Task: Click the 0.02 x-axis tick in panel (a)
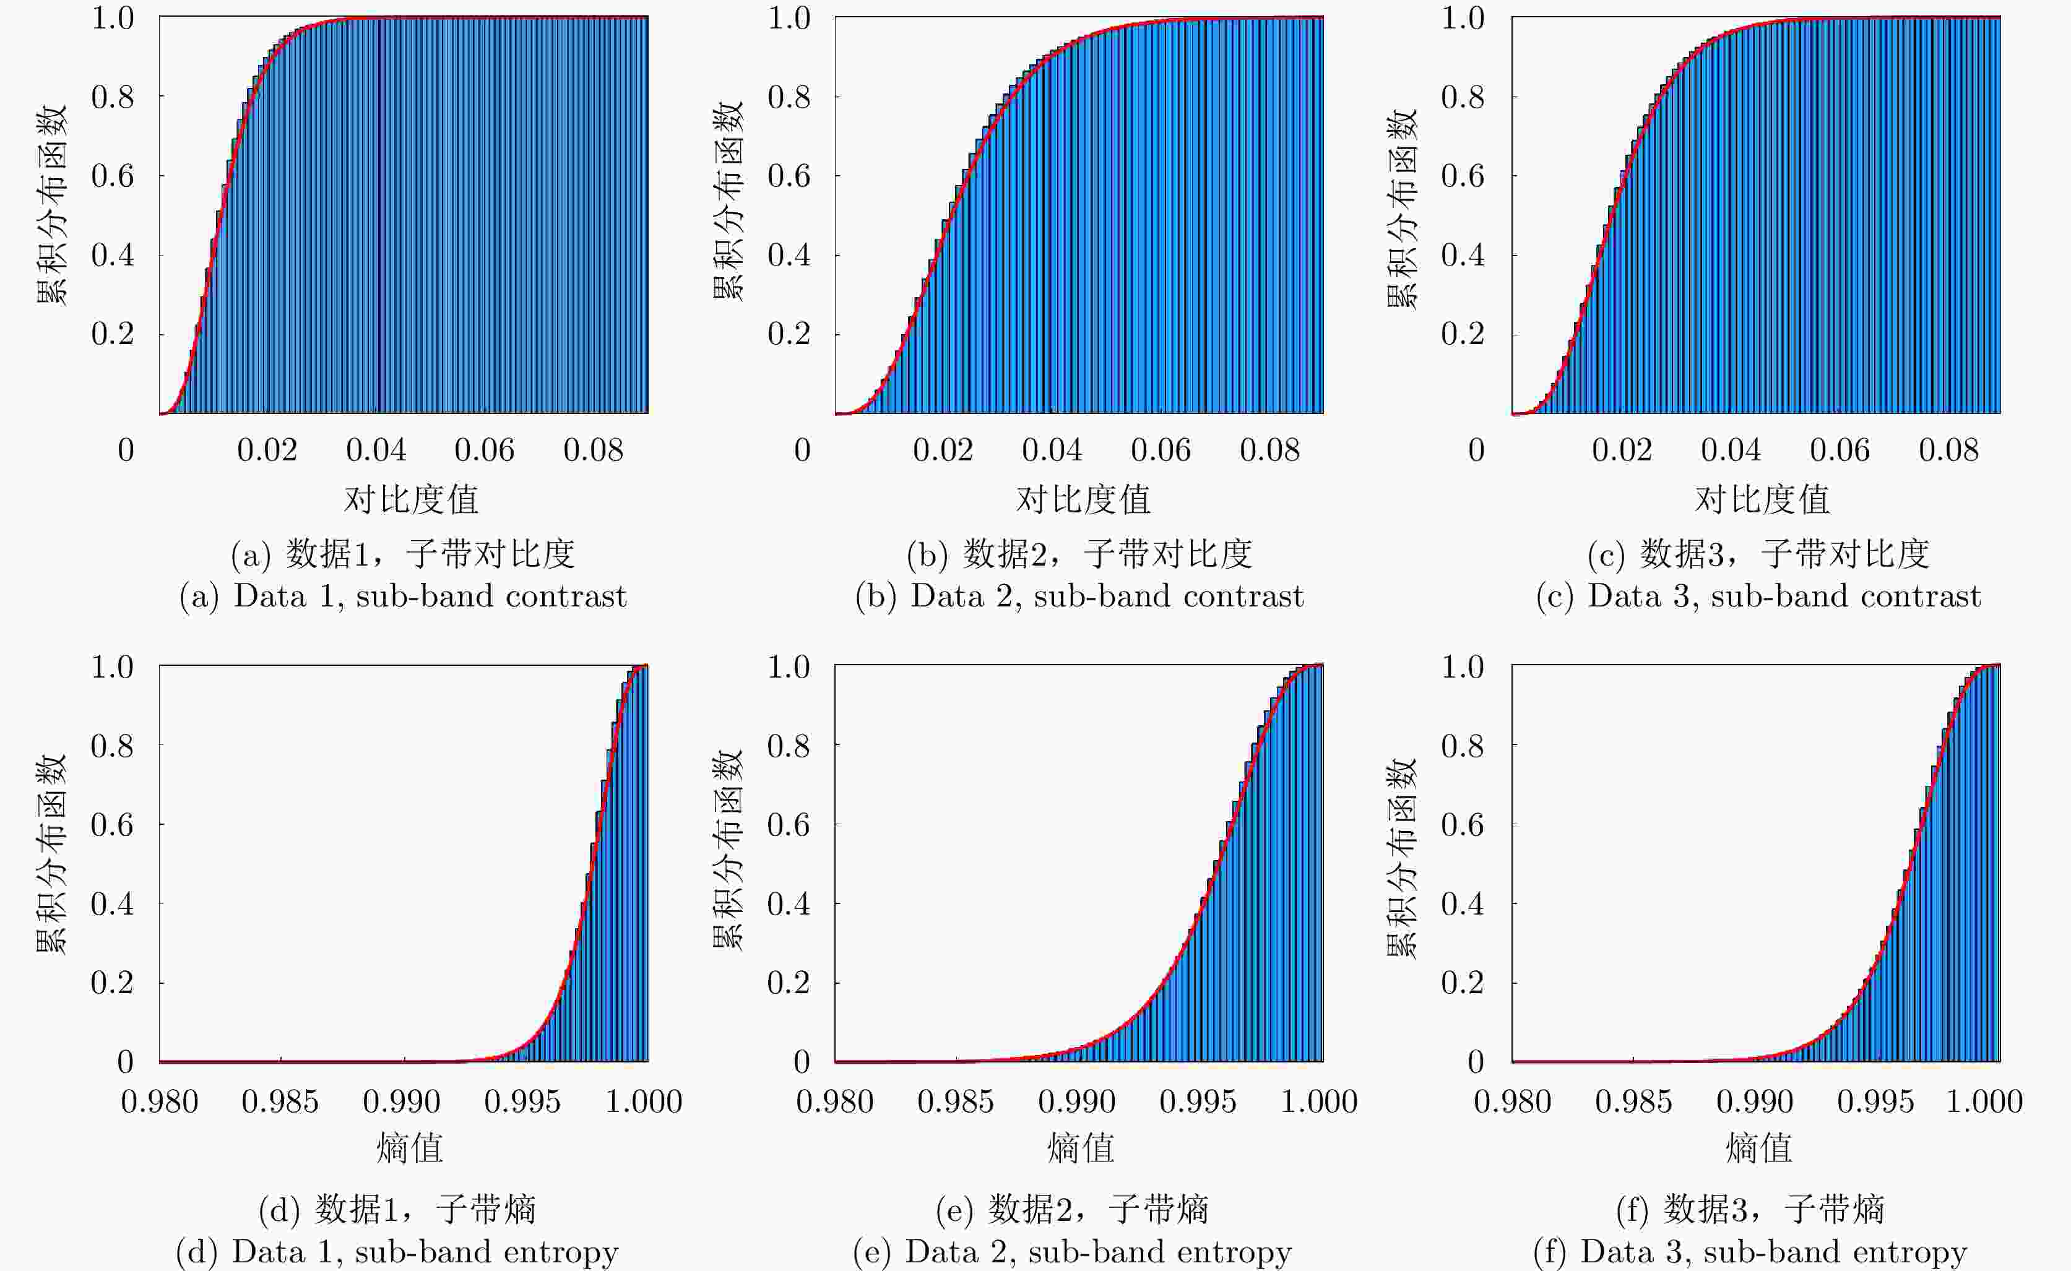point(267,450)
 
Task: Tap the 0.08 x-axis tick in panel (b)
point(1269,450)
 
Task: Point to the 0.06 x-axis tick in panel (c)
point(1839,450)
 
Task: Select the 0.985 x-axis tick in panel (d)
point(280,1102)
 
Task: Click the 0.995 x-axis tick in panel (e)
point(1198,1102)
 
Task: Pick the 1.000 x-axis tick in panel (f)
point(1984,1102)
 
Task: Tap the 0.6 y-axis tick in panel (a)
point(113,176)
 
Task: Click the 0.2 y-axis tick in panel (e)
point(788,982)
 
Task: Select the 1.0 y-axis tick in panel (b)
point(789,18)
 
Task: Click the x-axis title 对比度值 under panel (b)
point(1083,500)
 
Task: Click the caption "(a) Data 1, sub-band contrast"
point(403,596)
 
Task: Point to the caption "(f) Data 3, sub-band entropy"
point(1750,1252)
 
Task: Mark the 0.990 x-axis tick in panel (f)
point(1754,1102)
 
